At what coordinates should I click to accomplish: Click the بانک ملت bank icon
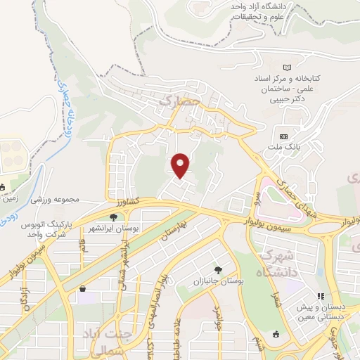[x=283, y=136]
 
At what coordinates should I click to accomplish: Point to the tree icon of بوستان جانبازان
[x=219, y=269]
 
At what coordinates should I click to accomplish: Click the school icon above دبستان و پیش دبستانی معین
[x=320, y=297]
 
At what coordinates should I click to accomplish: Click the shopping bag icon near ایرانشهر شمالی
[x=83, y=288]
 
